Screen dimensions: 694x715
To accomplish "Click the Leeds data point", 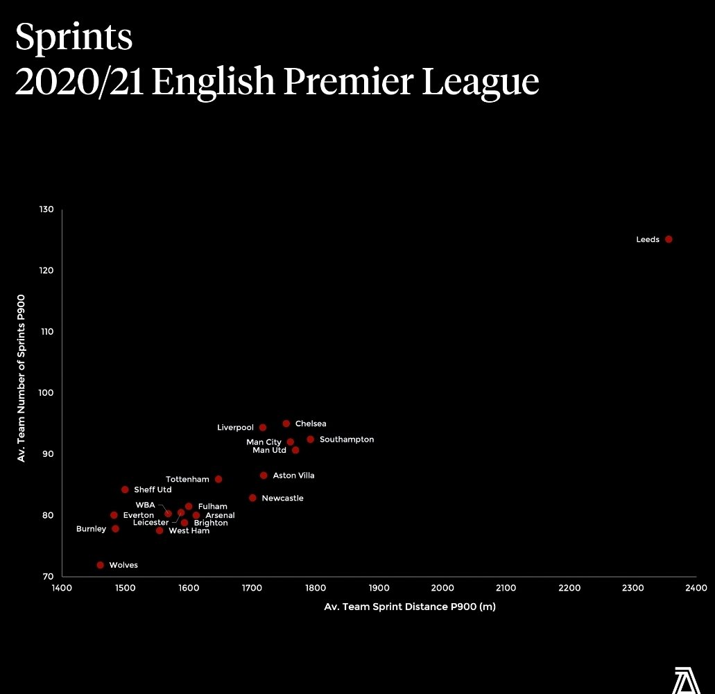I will click(x=669, y=239).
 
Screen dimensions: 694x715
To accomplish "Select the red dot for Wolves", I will click(x=101, y=565).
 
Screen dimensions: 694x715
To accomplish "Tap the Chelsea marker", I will click(x=286, y=424).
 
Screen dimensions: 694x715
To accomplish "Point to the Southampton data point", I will click(x=310, y=440).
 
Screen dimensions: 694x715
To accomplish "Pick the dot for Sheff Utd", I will click(x=125, y=489).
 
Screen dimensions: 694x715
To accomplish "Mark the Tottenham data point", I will click(x=218, y=479).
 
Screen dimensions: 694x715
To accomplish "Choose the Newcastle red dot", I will click(x=252, y=498).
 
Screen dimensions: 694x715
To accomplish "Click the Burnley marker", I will click(x=115, y=529).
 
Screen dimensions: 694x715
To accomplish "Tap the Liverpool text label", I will click(x=235, y=428).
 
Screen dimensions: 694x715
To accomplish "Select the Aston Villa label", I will click(x=293, y=476).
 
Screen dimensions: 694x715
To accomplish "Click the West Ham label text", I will click(x=189, y=531).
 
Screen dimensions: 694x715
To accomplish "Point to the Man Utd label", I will click(x=269, y=451).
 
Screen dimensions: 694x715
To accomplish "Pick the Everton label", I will click(x=139, y=516).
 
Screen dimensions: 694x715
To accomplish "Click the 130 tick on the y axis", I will click(x=46, y=209).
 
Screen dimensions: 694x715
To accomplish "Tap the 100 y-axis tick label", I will click(x=46, y=393).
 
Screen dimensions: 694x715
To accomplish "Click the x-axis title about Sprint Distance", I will click(x=410, y=607).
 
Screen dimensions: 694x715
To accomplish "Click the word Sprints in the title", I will click(x=74, y=39).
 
